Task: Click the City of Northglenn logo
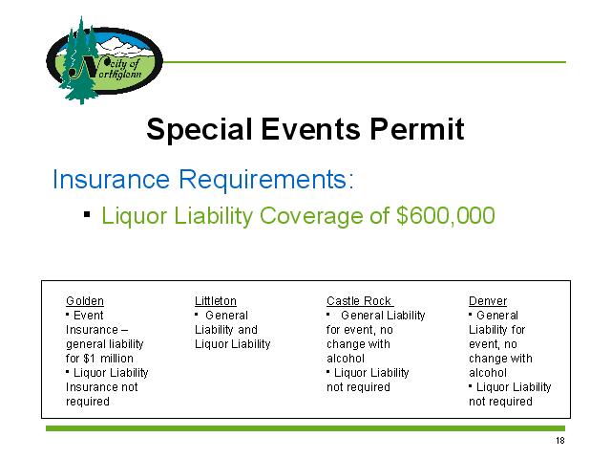(104, 60)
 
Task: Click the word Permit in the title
(417, 129)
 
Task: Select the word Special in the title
(199, 130)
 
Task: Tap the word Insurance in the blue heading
(111, 179)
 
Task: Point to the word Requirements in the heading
(266, 179)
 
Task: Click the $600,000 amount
(446, 215)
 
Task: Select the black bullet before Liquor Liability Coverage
(87, 214)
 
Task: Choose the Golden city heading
(85, 301)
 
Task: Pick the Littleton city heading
(216, 301)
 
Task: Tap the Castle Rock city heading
(360, 301)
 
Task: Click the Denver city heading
(488, 301)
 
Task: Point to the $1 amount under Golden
(89, 359)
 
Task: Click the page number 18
(560, 440)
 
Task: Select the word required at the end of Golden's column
(87, 402)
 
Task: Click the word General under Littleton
(226, 316)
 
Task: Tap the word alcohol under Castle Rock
(346, 359)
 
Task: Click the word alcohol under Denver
(488, 373)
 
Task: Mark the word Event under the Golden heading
(89, 316)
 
